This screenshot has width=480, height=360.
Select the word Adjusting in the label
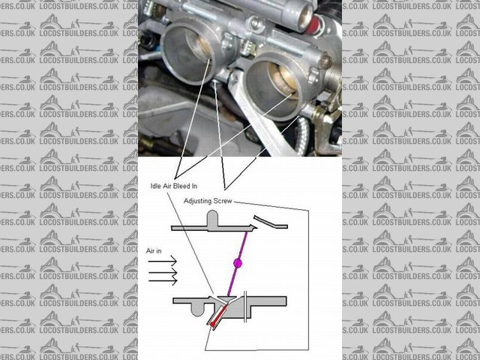tap(196, 202)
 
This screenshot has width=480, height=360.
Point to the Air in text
tap(154, 251)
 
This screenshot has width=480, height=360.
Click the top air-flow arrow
tap(163, 261)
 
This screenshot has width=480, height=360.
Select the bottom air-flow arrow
tap(163, 280)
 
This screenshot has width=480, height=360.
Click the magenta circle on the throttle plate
tap(238, 262)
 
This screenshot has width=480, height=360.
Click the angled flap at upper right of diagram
tap(270, 222)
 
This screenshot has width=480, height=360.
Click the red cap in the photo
tap(313, 25)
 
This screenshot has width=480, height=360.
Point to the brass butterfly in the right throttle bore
tap(284, 82)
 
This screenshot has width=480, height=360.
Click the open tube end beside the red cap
tap(303, 15)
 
